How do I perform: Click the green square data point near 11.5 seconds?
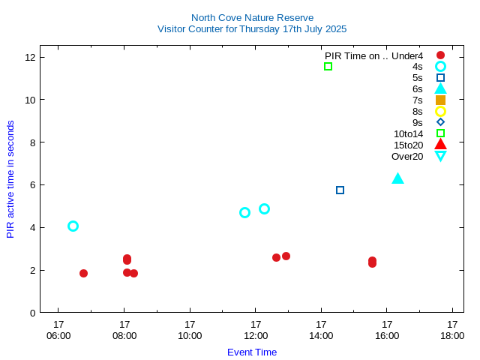328,67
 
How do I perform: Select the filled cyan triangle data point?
397,178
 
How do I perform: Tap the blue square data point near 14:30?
340,190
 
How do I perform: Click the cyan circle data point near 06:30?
73,226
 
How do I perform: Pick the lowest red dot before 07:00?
83,273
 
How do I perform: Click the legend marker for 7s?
440,100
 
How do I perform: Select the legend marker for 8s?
440,111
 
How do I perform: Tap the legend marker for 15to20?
440,145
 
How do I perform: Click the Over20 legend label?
407,156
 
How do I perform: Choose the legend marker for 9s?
440,122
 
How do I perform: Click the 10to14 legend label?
408,133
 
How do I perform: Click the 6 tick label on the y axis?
32,184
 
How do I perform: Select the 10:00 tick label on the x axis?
190,335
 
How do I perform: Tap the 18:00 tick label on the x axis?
452,335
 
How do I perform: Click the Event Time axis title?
252,352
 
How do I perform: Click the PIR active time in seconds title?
10,179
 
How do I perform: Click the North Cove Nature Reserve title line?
252,17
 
